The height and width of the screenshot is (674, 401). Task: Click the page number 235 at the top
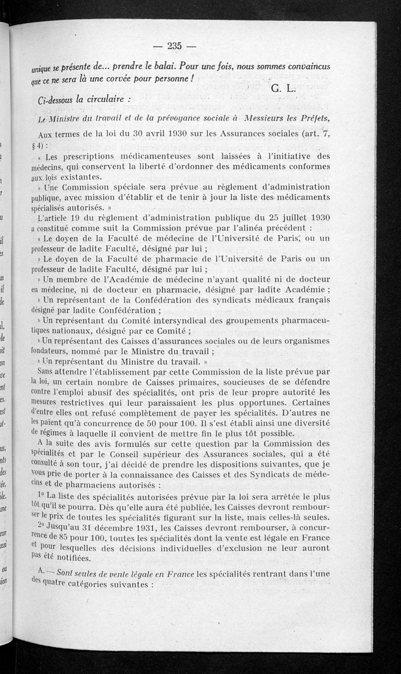[174, 46]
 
